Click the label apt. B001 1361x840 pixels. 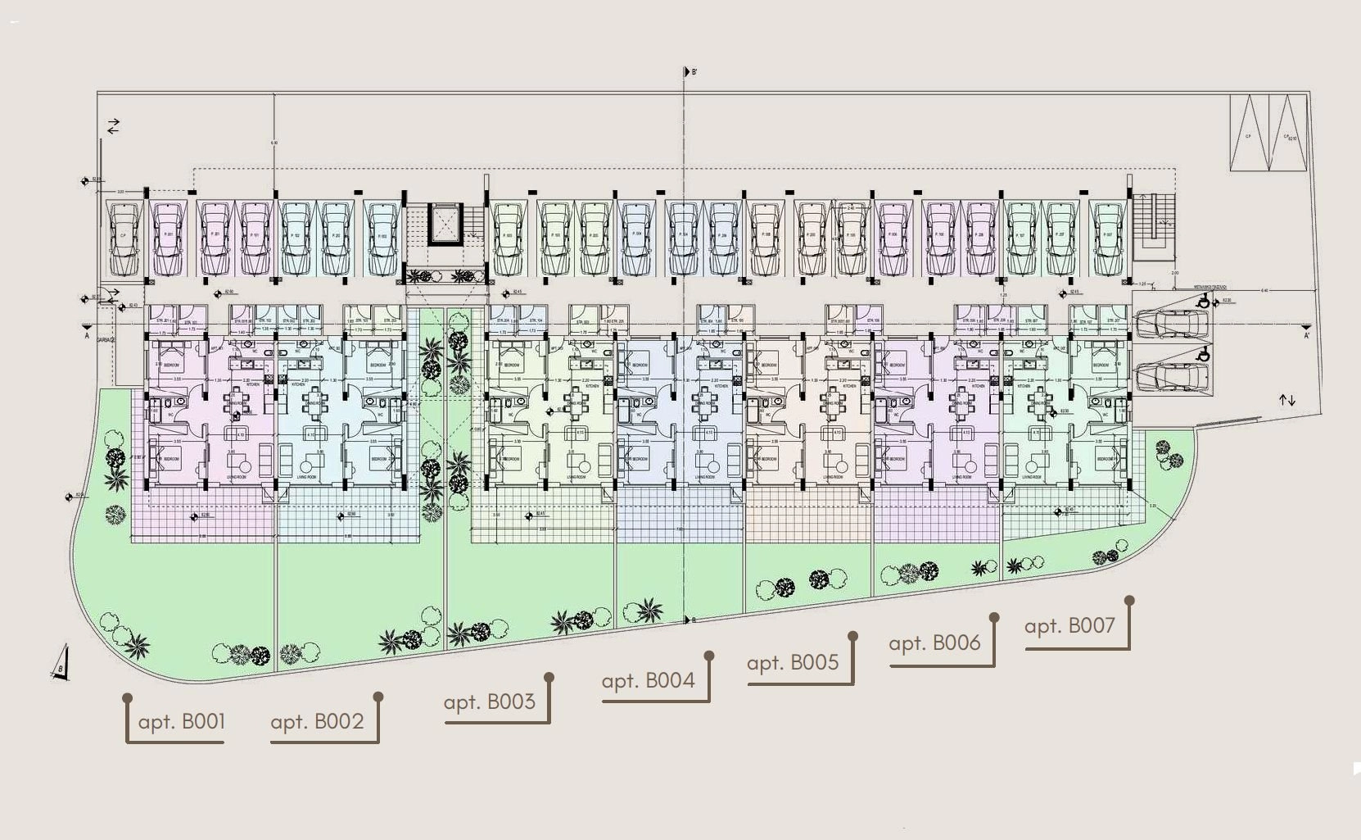[x=181, y=722]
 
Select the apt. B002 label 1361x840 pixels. [x=317, y=722]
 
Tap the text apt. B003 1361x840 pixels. [x=489, y=702]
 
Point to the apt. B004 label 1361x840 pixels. [x=648, y=681]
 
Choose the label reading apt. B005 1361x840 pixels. [x=793, y=663]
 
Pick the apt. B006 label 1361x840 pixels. [x=934, y=643]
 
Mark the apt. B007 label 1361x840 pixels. [x=1069, y=626]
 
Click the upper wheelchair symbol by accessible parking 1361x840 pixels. [x=1203, y=301]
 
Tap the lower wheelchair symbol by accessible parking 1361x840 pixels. [x=1203, y=355]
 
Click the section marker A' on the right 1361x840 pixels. [x=1306, y=334]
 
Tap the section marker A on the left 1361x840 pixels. [x=87, y=334]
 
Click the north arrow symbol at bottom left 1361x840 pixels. [x=61, y=665]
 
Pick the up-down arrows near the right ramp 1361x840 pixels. [x=1287, y=400]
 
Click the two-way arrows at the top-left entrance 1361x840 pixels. [x=113, y=126]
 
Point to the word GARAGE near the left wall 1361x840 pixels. [x=106, y=339]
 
